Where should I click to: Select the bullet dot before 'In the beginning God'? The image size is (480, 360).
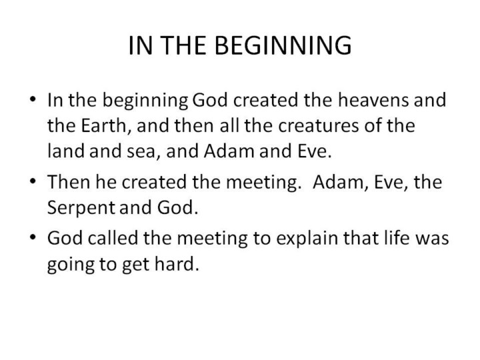[x=33, y=99]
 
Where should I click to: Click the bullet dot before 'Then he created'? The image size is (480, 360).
[x=33, y=181]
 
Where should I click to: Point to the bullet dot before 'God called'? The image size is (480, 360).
[x=33, y=237]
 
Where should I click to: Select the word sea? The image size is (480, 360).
[x=143, y=151]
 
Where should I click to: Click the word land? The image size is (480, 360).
[x=65, y=151]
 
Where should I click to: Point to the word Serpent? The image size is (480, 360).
[x=81, y=208]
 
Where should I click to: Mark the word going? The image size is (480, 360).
[x=71, y=265]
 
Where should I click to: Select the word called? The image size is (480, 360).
[x=113, y=237]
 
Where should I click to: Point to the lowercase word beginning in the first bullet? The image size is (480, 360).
[x=145, y=101]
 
